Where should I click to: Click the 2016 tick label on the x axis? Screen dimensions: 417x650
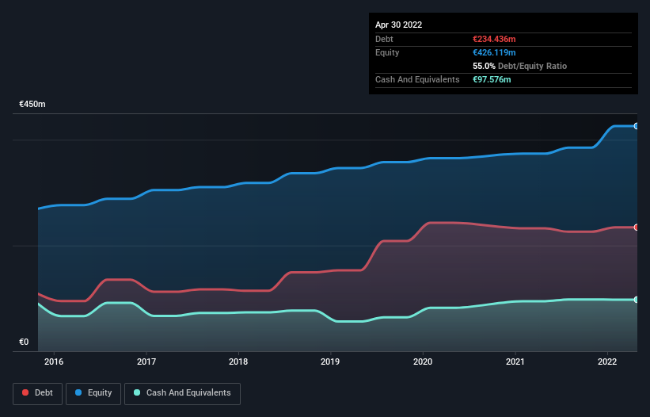tap(54, 362)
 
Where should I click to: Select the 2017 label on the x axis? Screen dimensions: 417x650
tap(146, 362)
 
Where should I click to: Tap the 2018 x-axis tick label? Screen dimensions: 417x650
tap(238, 362)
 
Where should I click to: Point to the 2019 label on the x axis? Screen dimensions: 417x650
tap(331, 362)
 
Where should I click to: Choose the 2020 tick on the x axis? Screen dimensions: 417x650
tap(423, 362)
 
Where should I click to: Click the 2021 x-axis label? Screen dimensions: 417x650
tap(515, 362)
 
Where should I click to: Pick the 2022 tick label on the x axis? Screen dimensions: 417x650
tap(607, 362)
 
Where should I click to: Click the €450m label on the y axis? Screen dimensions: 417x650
tap(32, 105)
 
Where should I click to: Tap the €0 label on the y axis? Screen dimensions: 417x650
tap(24, 342)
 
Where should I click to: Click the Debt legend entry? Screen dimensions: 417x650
tap(37, 393)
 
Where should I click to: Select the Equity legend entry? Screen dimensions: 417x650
tap(93, 393)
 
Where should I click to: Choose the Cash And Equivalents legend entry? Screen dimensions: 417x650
tap(182, 393)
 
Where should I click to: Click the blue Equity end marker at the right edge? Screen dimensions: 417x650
tap(637, 126)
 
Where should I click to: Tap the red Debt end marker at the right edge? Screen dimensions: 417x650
tap(637, 228)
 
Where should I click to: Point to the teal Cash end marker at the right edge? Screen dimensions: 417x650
tap(637, 300)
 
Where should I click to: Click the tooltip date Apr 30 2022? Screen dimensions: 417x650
tap(398, 25)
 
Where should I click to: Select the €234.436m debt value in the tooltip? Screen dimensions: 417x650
tap(494, 39)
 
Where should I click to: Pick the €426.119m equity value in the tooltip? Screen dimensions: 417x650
tap(494, 52)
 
